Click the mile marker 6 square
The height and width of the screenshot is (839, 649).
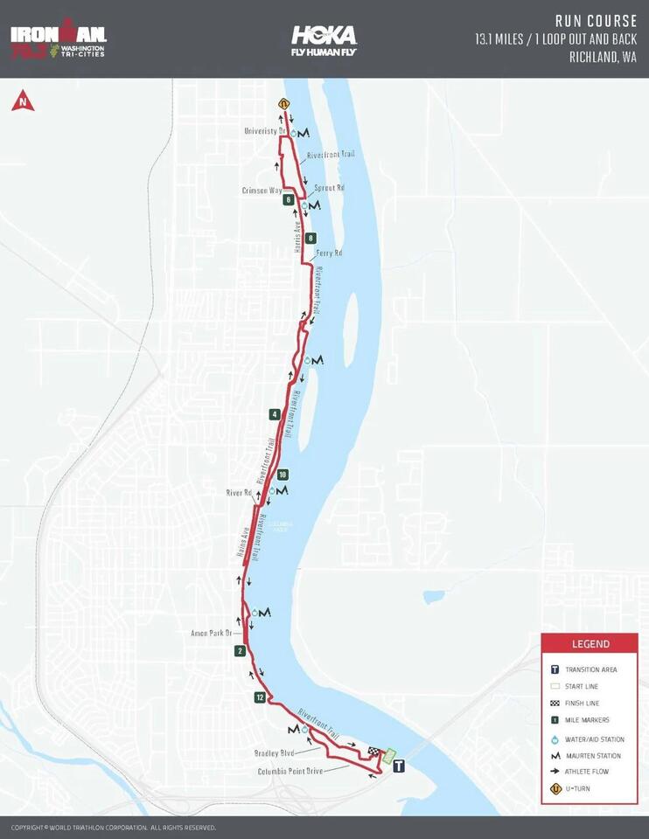(288, 199)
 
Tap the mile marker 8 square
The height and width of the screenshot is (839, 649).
(311, 238)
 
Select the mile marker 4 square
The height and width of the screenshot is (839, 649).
(275, 414)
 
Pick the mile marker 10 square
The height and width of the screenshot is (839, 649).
(282, 475)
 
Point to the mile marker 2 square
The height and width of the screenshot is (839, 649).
(240, 650)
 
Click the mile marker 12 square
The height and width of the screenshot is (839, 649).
(260, 697)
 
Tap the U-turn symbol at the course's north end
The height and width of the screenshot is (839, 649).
(283, 104)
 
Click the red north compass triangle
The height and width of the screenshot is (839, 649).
(23, 101)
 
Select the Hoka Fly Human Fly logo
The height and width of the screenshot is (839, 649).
(324, 40)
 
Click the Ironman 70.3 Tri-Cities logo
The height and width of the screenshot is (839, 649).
(58, 40)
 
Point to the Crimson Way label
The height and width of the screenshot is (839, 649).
(262, 190)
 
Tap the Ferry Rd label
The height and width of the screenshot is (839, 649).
(329, 253)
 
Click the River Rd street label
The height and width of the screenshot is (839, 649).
(238, 493)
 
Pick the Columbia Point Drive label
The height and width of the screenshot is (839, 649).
(290, 772)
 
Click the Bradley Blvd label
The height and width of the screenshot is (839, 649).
(274, 752)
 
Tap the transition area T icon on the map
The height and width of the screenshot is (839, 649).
(399, 766)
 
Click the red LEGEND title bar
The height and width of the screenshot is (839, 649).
(590, 644)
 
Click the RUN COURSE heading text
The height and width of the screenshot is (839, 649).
(596, 21)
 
